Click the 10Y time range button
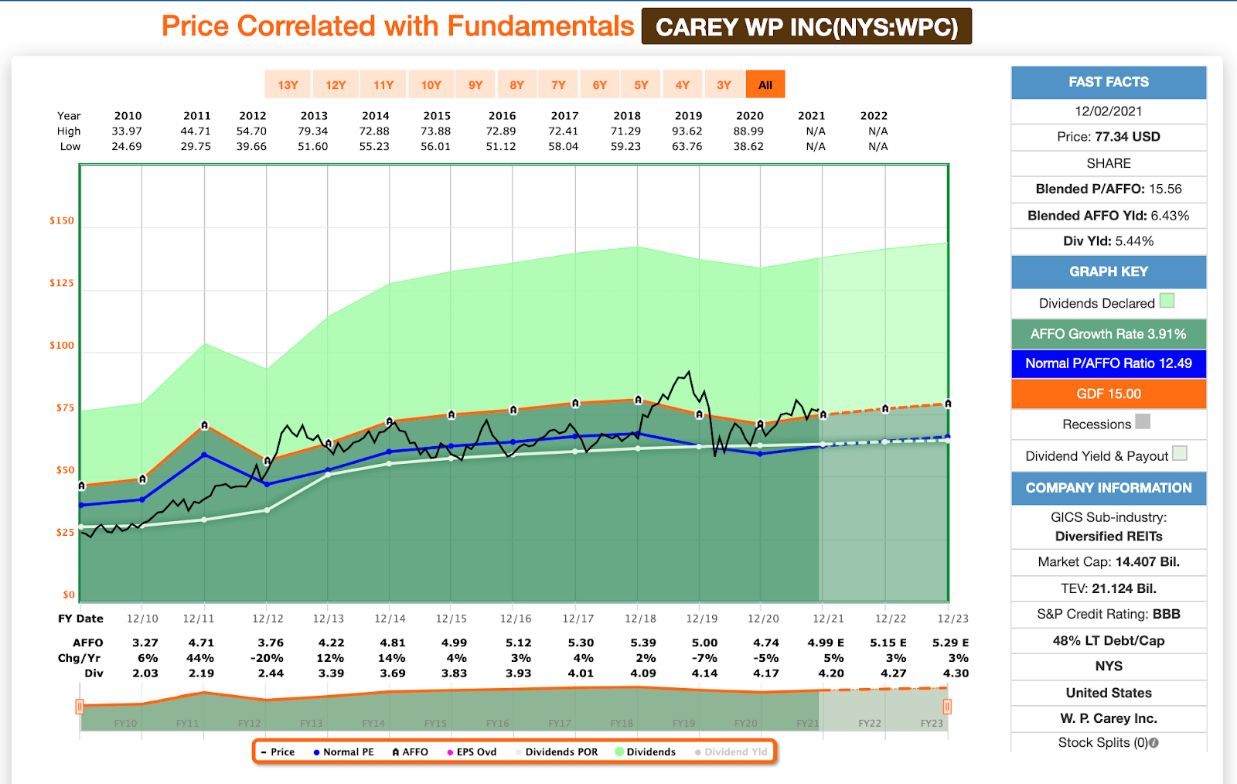431,85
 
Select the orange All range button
765,85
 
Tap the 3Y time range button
724,85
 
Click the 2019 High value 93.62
687,131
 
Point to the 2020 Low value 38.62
748,146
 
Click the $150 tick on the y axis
62,220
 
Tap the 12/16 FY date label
516,619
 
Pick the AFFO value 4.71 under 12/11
201,643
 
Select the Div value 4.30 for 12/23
956,673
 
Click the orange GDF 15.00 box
1109,394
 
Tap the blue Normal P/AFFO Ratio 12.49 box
1109,363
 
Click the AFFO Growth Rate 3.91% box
1109,334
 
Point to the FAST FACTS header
1109,82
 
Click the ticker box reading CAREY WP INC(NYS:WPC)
806,27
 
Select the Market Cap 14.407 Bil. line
1109,562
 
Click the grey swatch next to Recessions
1143,421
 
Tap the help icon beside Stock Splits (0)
1154,743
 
